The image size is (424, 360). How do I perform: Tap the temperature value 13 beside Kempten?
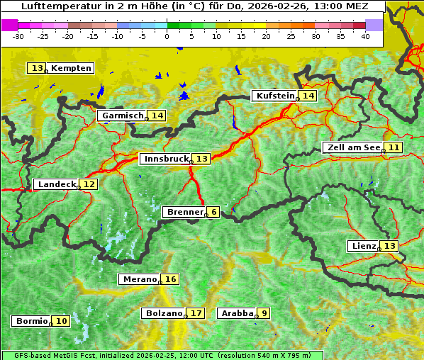click(x=37, y=68)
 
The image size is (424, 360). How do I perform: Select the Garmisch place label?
click(x=123, y=116)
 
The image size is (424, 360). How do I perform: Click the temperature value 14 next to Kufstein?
click(x=307, y=96)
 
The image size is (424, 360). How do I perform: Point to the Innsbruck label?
click(x=166, y=159)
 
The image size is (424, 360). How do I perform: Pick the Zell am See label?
click(x=352, y=147)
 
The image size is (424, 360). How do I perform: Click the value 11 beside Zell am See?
click(x=394, y=147)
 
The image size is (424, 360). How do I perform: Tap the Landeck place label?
click(x=56, y=184)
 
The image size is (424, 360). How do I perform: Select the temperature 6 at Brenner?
click(x=213, y=212)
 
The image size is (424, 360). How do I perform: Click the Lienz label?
click(x=364, y=246)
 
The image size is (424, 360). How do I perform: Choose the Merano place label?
click(x=139, y=279)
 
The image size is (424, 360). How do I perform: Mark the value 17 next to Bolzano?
click(x=196, y=313)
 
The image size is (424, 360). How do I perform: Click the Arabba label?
click(x=237, y=313)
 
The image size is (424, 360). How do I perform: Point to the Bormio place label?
click(x=31, y=321)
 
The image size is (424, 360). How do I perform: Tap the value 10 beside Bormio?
click(x=62, y=321)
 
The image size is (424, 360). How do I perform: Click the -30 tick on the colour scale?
click(x=18, y=35)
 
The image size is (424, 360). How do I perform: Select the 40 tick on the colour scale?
click(x=365, y=35)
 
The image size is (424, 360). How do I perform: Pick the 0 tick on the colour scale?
click(x=167, y=35)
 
